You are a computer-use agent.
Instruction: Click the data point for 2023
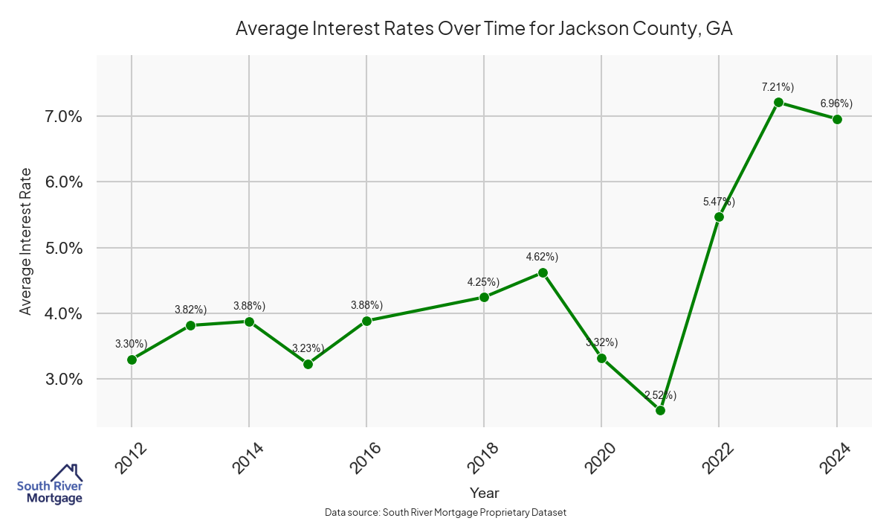pos(778,103)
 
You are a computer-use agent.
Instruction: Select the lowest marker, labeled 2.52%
pos(660,410)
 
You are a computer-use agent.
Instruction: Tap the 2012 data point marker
pos(132,359)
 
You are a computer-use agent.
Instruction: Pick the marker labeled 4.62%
pos(543,272)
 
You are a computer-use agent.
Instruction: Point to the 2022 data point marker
pos(719,217)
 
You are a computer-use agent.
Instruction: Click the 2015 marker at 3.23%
pos(308,364)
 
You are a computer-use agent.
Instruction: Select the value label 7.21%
pos(778,87)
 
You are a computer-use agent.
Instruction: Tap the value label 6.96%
pos(836,103)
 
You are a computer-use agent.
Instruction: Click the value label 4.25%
pos(483,281)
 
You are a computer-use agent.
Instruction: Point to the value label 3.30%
pos(132,344)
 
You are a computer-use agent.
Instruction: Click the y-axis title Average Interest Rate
pos(26,241)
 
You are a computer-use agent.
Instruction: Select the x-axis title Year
pos(484,493)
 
